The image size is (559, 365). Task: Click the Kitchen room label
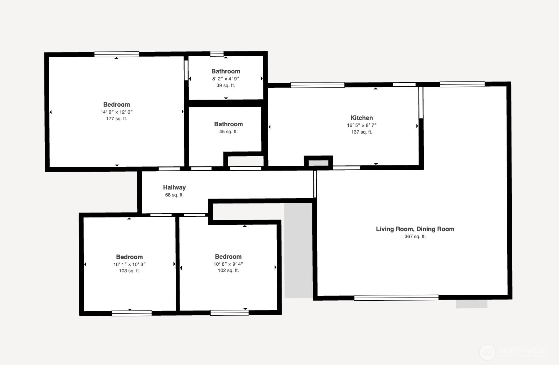pyautogui.click(x=362, y=118)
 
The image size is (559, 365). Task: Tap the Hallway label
pyautogui.click(x=174, y=187)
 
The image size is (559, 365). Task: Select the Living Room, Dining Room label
pyautogui.click(x=415, y=229)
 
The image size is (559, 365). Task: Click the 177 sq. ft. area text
pyautogui.click(x=117, y=119)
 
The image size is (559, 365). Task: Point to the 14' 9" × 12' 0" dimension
pyautogui.click(x=117, y=112)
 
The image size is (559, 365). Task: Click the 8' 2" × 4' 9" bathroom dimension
pyautogui.click(x=226, y=79)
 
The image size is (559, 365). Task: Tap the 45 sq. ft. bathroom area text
pyautogui.click(x=228, y=132)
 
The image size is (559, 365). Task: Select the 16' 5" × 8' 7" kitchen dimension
pyautogui.click(x=362, y=125)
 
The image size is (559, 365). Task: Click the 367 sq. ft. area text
pyautogui.click(x=415, y=237)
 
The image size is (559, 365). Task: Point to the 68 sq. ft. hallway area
pyautogui.click(x=174, y=195)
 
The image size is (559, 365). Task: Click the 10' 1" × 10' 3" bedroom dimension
pyautogui.click(x=129, y=264)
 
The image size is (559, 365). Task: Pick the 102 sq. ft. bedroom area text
pyautogui.click(x=228, y=271)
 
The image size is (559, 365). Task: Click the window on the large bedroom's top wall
pyautogui.click(x=117, y=54)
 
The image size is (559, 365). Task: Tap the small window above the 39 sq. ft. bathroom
pyautogui.click(x=217, y=53)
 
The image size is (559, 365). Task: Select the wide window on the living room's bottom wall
pyautogui.click(x=396, y=298)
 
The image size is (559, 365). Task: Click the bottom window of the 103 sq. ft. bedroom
pyautogui.click(x=132, y=313)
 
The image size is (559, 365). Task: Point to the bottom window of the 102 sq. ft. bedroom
pyautogui.click(x=230, y=313)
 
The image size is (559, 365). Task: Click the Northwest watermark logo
pyautogui.click(x=488, y=352)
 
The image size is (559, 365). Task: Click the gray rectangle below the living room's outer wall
pyautogui.click(x=472, y=304)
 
